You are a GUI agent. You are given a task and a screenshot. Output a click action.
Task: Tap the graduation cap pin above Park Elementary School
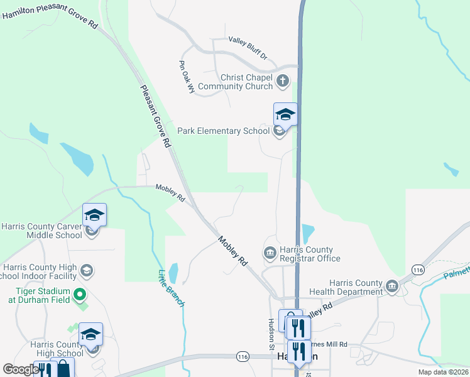(285, 115)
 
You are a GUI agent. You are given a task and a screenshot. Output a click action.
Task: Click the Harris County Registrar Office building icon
(270, 253)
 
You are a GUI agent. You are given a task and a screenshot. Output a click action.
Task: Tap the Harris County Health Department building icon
(393, 287)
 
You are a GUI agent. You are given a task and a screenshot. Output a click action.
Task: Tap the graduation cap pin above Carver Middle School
(94, 215)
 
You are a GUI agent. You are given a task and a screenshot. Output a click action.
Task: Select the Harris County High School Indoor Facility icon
(87, 271)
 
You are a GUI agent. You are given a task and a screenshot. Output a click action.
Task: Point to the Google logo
(20, 369)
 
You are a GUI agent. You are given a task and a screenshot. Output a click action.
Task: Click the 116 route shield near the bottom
(244, 356)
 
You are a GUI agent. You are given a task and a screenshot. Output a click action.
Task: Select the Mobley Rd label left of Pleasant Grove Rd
(170, 193)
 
